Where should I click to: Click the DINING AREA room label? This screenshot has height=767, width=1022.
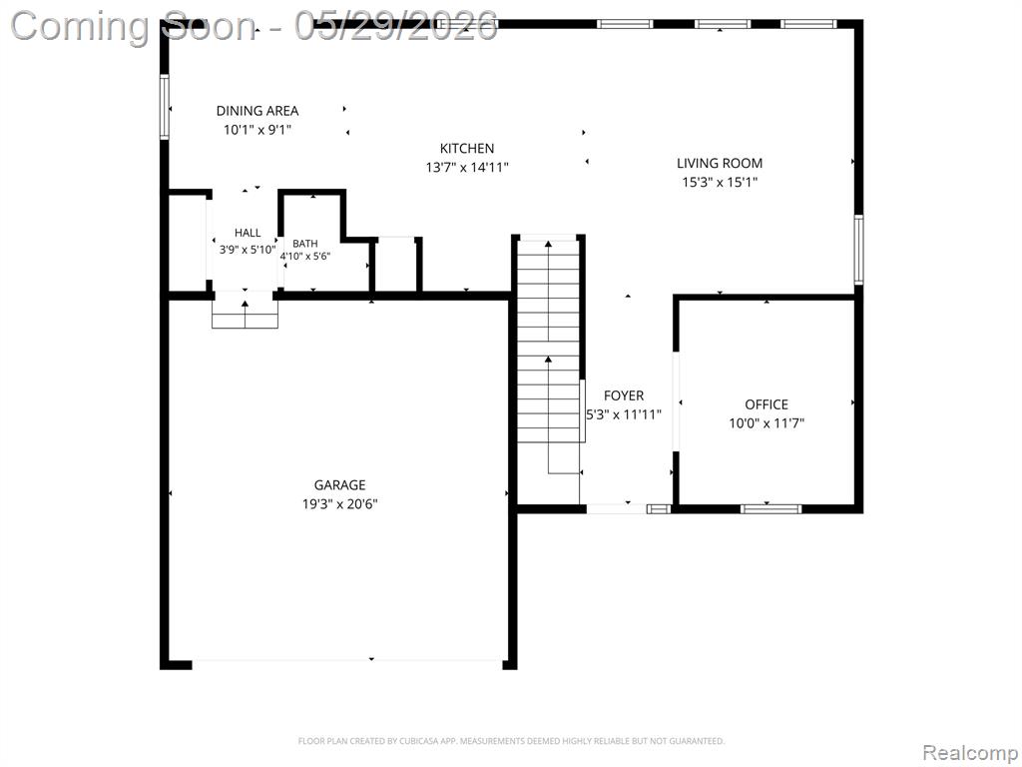[257, 111]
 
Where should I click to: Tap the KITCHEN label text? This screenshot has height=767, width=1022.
[467, 148]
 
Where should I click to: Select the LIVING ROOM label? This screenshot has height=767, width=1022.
[719, 163]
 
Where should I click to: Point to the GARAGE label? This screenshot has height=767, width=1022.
[339, 484]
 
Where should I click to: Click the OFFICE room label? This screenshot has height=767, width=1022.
[766, 404]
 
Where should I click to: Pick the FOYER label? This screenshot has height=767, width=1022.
[624, 395]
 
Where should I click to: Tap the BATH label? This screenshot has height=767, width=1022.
[305, 244]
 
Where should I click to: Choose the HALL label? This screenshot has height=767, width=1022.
[248, 232]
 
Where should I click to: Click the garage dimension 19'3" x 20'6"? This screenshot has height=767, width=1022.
[339, 503]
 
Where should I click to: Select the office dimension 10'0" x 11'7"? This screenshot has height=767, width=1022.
[766, 423]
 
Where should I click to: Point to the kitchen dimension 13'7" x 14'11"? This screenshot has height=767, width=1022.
[467, 167]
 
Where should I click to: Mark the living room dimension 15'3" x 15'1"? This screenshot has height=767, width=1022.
[719, 182]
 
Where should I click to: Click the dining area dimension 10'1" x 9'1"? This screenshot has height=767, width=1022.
[257, 130]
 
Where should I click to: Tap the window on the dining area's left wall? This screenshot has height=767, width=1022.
[165, 107]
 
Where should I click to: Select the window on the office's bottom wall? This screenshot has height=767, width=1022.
[770, 508]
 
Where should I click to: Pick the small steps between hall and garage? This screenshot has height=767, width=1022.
[246, 315]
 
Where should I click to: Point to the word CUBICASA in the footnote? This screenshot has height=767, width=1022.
[420, 741]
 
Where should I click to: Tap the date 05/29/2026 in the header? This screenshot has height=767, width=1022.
[396, 27]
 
